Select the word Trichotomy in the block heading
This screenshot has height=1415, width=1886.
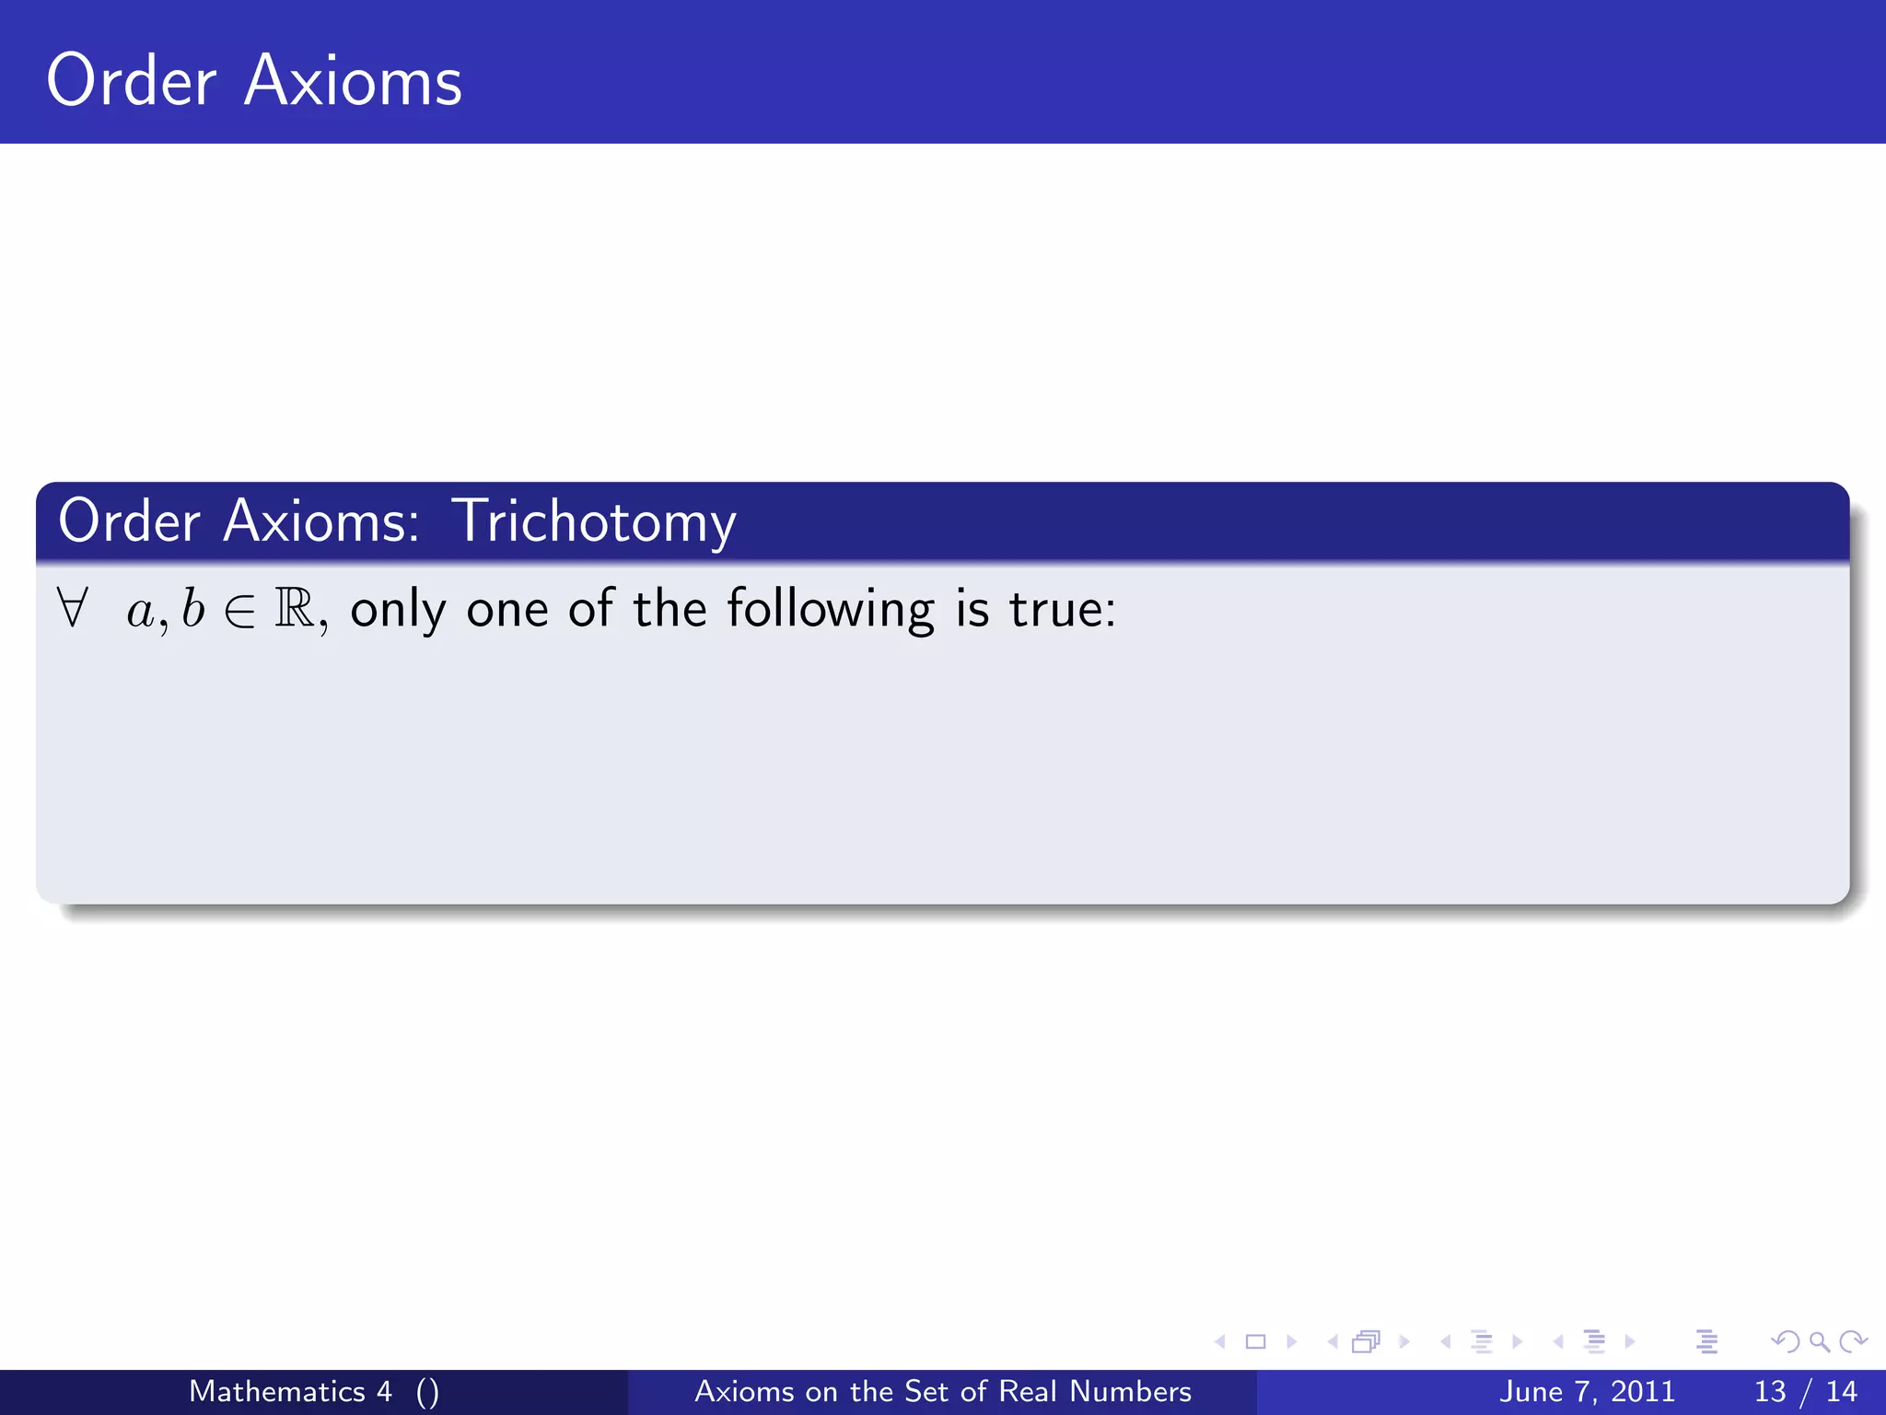pyautogui.click(x=594, y=522)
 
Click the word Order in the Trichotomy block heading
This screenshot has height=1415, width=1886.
pyautogui.click(x=129, y=521)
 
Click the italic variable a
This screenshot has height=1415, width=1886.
pyautogui.click(x=140, y=612)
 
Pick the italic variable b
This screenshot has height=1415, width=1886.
pyautogui.click(x=192, y=608)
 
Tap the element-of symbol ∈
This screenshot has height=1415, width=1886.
pyautogui.click(x=239, y=611)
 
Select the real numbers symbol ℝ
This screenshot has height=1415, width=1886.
pyautogui.click(x=295, y=608)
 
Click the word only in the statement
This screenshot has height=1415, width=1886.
pyautogui.click(x=398, y=610)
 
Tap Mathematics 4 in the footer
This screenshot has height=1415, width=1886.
pyautogui.click(x=290, y=1391)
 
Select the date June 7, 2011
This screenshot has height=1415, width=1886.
pyautogui.click(x=1587, y=1391)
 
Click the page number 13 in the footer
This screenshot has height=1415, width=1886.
pyautogui.click(x=1770, y=1391)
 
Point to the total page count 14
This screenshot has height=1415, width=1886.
pyautogui.click(x=1841, y=1391)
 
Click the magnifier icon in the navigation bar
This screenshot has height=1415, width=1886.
pyautogui.click(x=1819, y=1341)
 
